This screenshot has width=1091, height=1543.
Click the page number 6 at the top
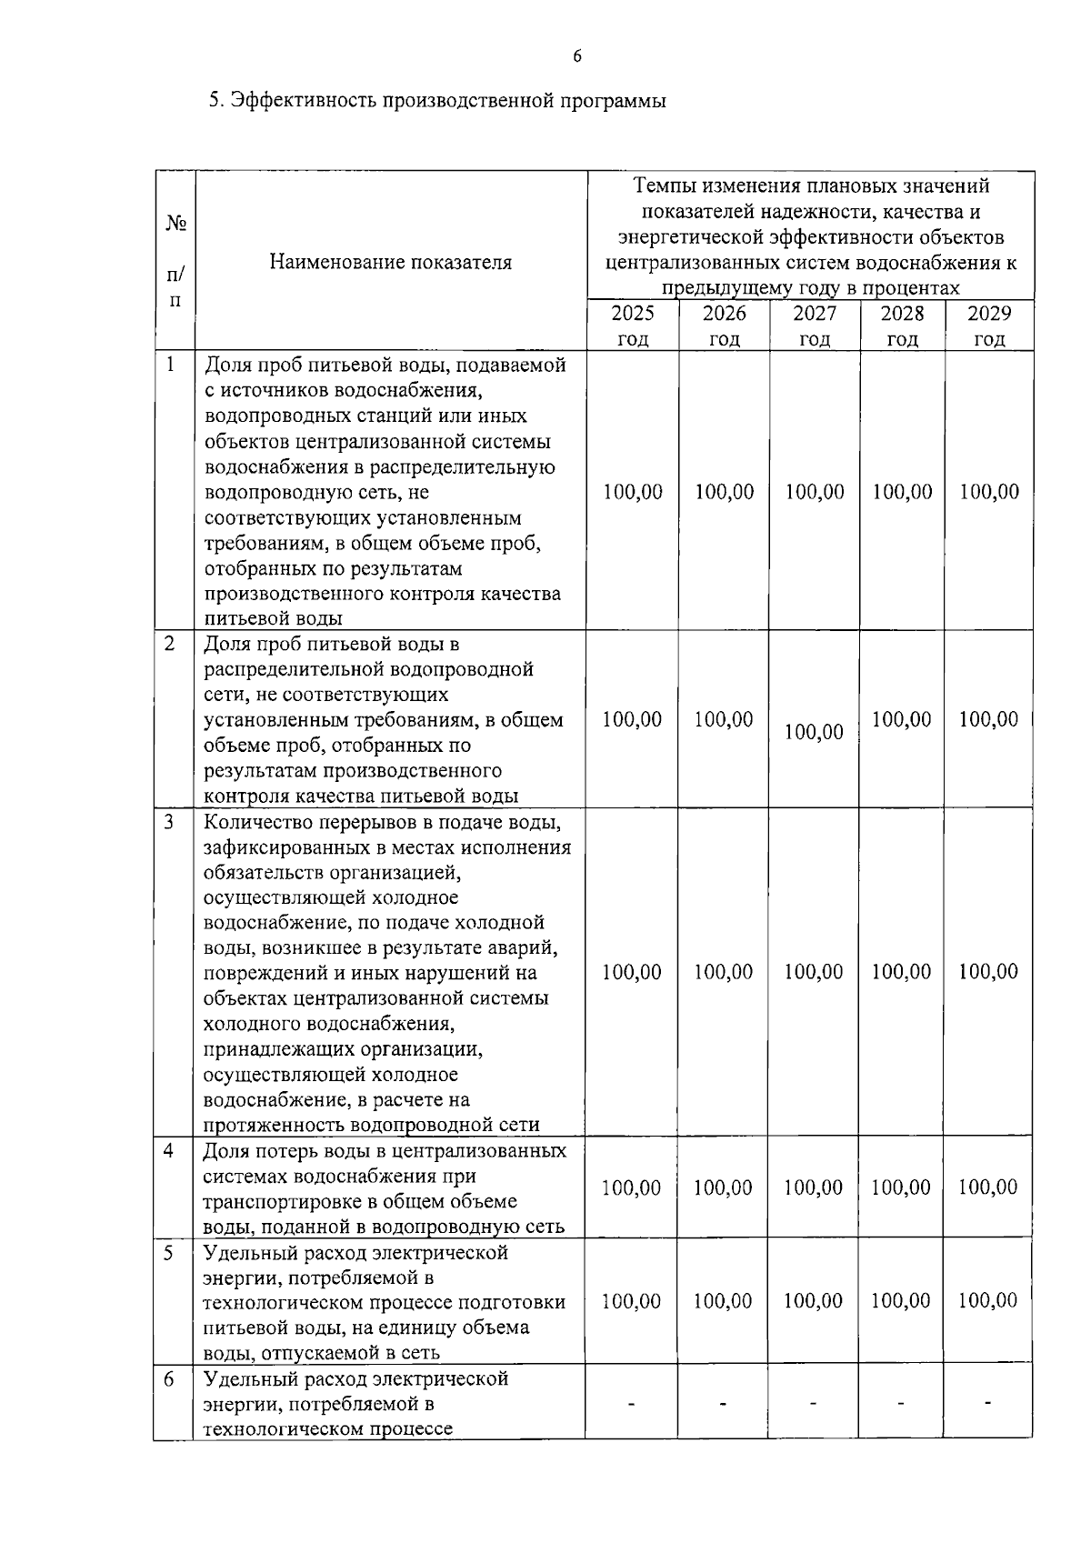pyautogui.click(x=577, y=57)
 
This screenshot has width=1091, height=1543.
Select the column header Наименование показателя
pyautogui.click(x=390, y=263)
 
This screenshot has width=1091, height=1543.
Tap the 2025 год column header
pyautogui.click(x=632, y=326)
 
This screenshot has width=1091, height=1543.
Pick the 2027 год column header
pyautogui.click(x=814, y=326)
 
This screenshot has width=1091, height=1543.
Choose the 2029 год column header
pyautogui.click(x=989, y=326)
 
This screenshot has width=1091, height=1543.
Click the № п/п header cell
pyautogui.click(x=175, y=262)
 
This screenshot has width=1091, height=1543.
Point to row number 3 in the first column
pyautogui.click(x=170, y=822)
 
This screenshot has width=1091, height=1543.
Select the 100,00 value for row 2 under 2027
pyautogui.click(x=814, y=732)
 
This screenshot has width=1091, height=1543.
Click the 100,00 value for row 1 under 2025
pyautogui.click(x=633, y=492)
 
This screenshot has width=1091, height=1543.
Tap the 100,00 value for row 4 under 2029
pyautogui.click(x=988, y=1187)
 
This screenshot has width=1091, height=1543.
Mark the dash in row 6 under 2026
pyautogui.click(x=723, y=1405)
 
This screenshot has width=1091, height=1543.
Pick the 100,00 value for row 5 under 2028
pyautogui.click(x=901, y=1301)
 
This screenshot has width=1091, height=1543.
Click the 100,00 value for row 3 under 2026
pyautogui.click(x=724, y=972)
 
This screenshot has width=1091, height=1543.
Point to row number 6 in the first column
pyautogui.click(x=170, y=1378)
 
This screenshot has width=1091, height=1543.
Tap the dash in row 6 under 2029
pyautogui.click(x=988, y=1404)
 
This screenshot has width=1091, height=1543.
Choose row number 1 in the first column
pyautogui.click(x=170, y=365)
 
